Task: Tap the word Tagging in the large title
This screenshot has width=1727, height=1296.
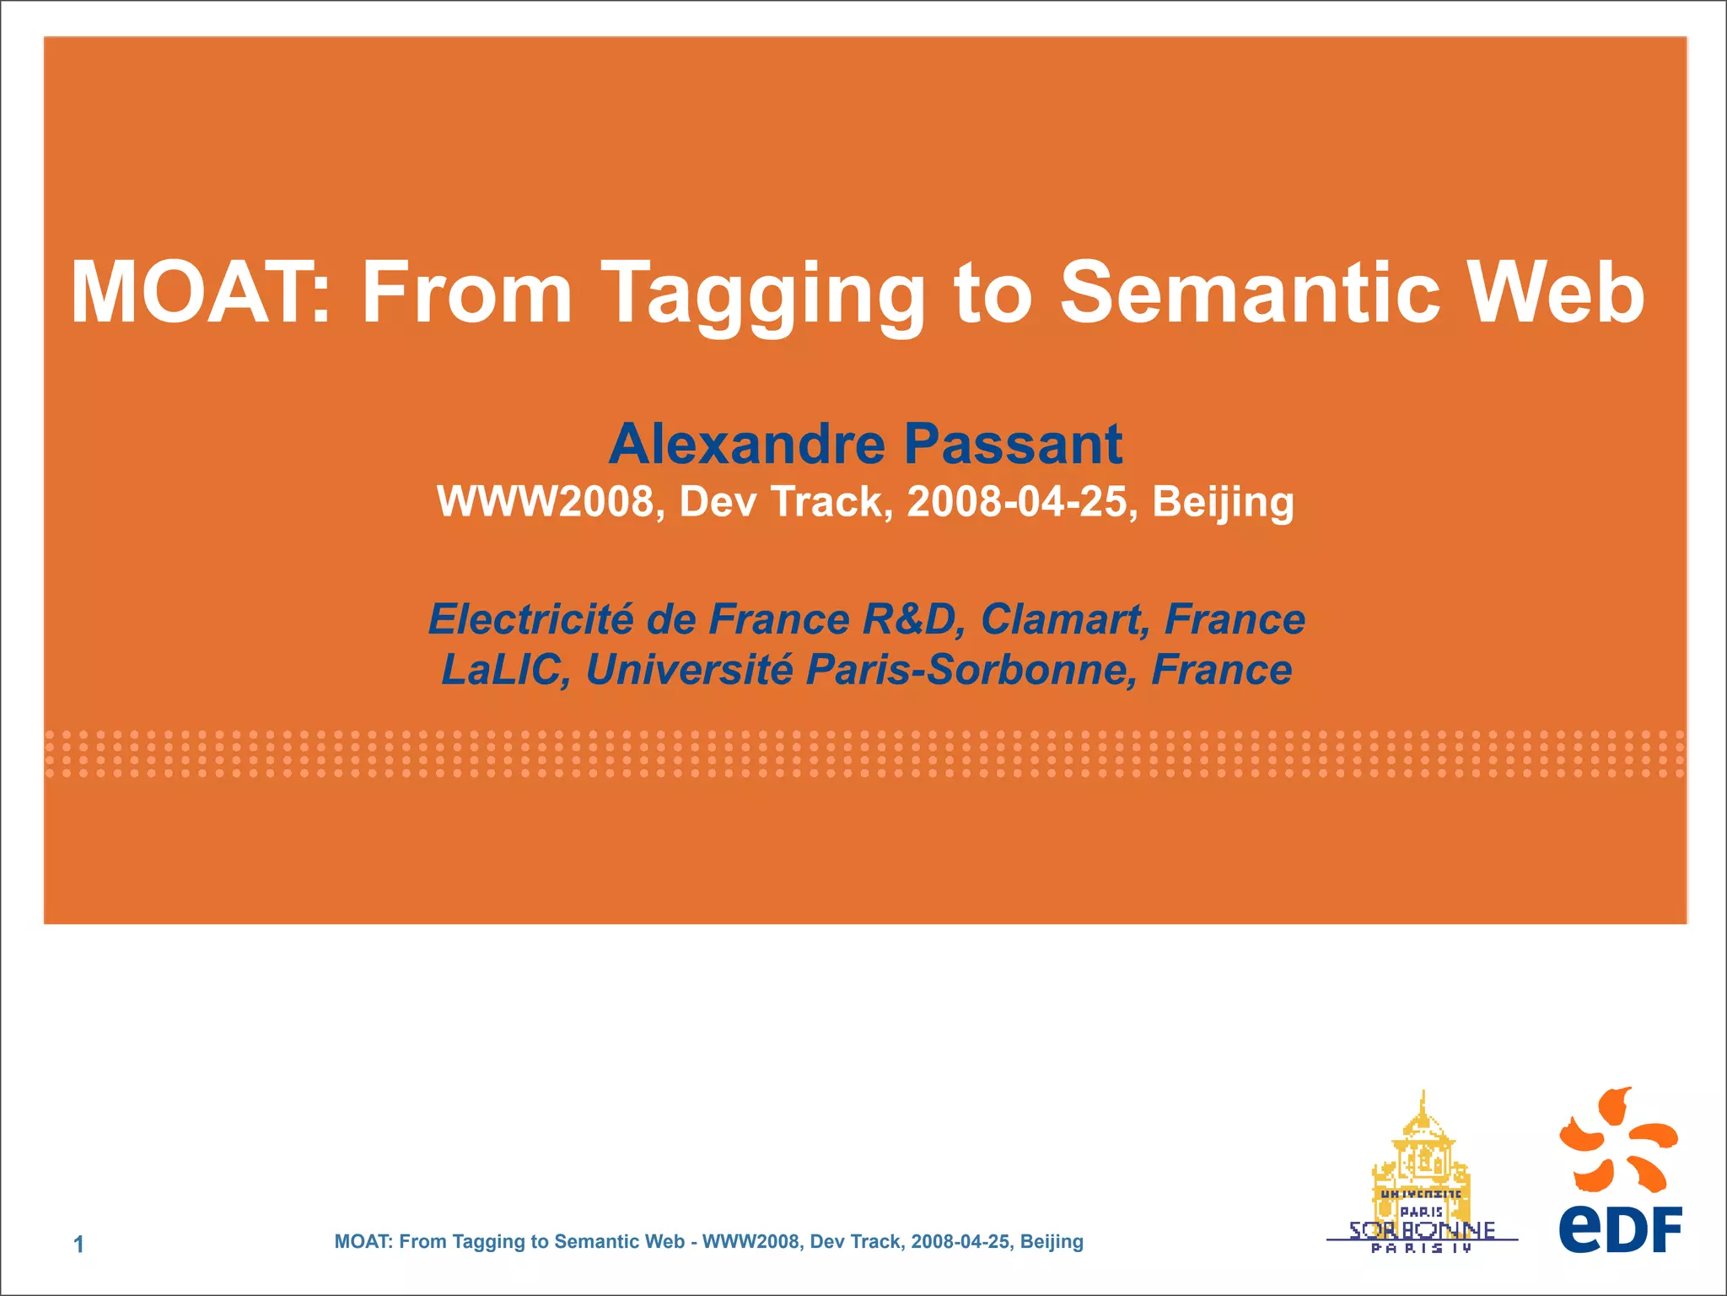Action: pyautogui.click(x=766, y=295)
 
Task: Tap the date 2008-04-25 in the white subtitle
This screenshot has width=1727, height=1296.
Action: pyautogui.click(x=1017, y=501)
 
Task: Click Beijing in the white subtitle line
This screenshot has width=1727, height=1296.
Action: pyautogui.click(x=1223, y=503)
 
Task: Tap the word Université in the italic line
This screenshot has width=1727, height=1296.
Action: pyautogui.click(x=689, y=670)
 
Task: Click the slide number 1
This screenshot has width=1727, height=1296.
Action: pyautogui.click(x=78, y=1245)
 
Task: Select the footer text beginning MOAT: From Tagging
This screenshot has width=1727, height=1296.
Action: pyautogui.click(x=708, y=1241)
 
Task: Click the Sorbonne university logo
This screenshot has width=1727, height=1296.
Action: pyautogui.click(x=1422, y=1177)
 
